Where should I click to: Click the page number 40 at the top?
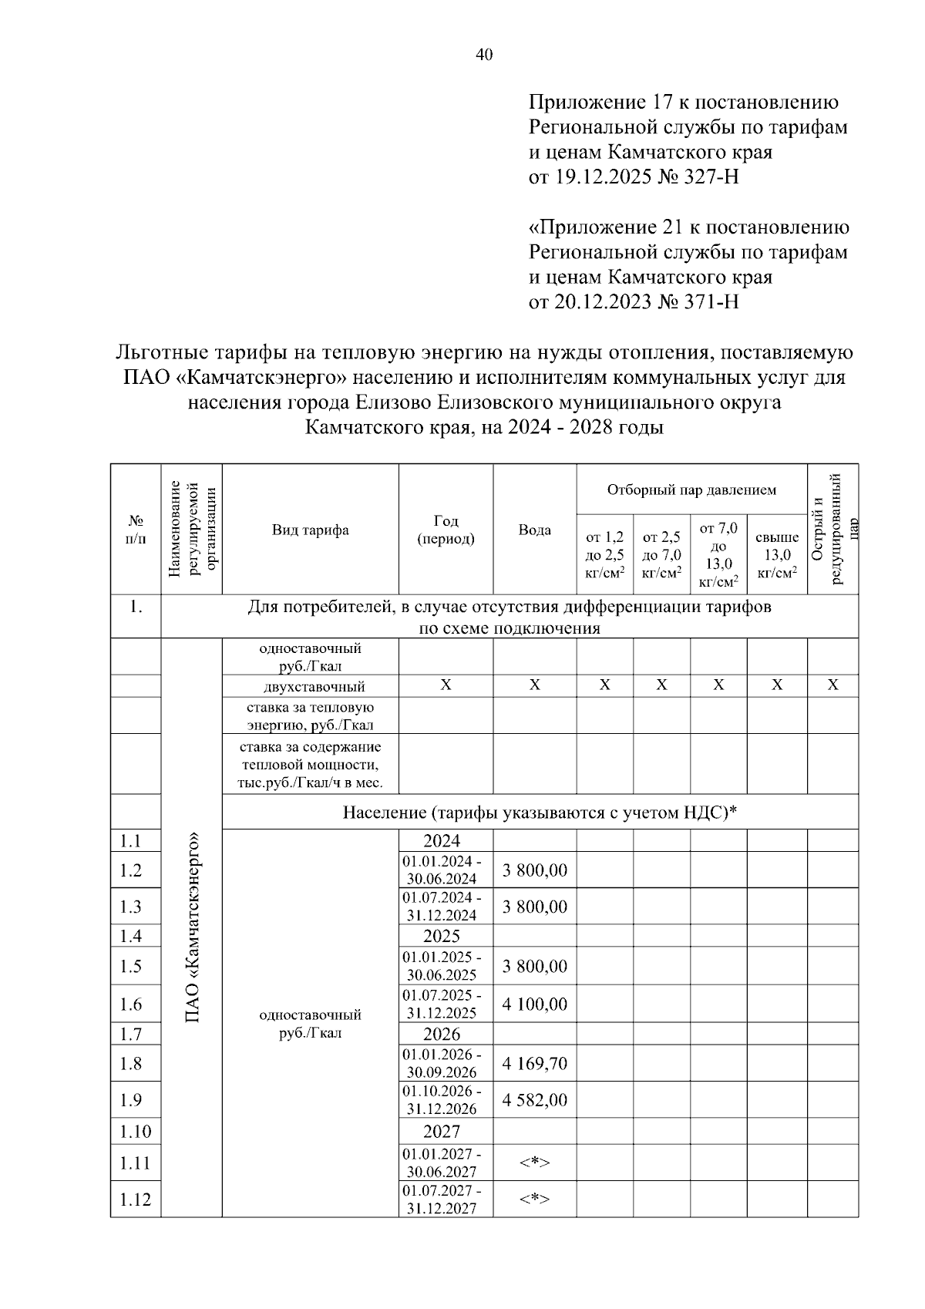click(484, 55)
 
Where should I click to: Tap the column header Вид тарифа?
click(310, 530)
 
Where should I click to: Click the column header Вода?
click(534, 530)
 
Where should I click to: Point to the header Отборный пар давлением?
click(691, 490)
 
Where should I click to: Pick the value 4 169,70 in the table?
click(534, 1064)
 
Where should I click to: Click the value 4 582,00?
click(534, 1100)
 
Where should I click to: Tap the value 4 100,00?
click(534, 1004)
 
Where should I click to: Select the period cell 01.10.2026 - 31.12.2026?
click(442, 1100)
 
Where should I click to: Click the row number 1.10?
click(135, 1132)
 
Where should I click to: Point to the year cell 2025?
click(442, 936)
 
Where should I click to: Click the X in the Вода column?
click(534, 685)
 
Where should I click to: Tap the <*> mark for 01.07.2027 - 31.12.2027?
click(534, 1199)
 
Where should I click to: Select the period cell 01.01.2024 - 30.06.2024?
click(442, 870)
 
